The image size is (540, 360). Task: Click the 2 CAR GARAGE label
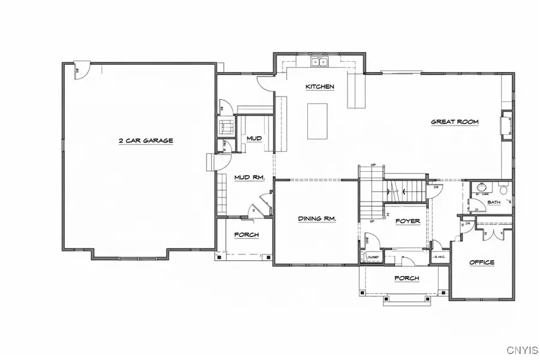tap(146, 140)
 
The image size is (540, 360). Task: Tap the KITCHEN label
tap(319, 87)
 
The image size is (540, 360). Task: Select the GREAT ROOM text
tap(455, 122)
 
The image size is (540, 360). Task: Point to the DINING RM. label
tap(317, 219)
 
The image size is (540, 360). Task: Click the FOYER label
tap(407, 221)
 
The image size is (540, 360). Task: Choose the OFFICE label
tap(481, 262)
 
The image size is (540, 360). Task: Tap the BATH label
tap(494, 202)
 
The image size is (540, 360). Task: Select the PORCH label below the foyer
tap(406, 278)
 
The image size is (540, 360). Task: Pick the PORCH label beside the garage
tap(247, 235)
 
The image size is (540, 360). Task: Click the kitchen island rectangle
tap(317, 121)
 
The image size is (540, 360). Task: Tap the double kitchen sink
tap(318, 61)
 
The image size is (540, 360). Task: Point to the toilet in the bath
tap(503, 191)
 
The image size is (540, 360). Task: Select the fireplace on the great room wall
tap(506, 125)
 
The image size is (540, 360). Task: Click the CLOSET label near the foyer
tap(370, 257)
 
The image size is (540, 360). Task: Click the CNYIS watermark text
tap(521, 349)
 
